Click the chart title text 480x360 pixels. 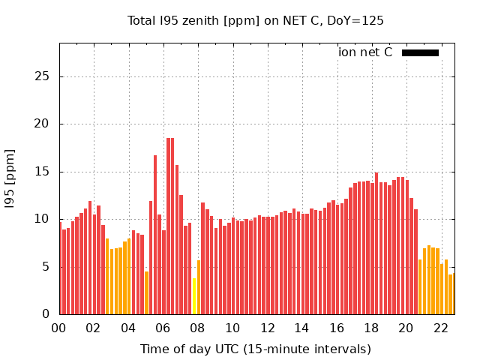[255, 21]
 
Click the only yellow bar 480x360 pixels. [194, 296]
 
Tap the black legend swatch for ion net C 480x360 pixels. [420, 53]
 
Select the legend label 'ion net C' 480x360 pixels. [365, 52]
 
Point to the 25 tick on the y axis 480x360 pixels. [42, 76]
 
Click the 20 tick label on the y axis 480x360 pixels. [42, 124]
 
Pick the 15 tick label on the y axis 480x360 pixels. [42, 172]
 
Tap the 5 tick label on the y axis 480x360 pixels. [46, 267]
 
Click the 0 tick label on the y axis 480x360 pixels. [46, 313]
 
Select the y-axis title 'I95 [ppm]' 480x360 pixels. [10, 178]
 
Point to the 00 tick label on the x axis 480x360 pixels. [58, 328]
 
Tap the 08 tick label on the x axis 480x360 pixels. [197, 328]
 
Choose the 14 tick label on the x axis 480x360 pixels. [301, 328]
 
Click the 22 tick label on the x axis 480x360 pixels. [441, 328]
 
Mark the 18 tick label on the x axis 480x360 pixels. [371, 328]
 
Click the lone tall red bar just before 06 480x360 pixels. [155, 235]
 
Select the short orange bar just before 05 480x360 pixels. [147, 293]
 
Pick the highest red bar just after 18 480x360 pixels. [376, 243]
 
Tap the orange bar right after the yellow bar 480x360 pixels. [199, 287]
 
